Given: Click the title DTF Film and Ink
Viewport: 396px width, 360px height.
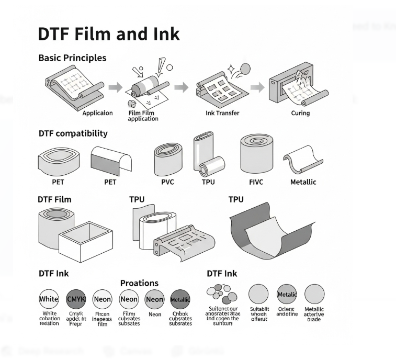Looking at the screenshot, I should pos(109,33).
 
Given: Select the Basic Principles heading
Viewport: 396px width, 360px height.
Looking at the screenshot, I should pos(72,58).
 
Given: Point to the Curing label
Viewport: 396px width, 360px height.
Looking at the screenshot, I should pos(300,113).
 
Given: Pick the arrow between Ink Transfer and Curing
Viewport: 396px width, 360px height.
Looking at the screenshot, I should pos(256,87).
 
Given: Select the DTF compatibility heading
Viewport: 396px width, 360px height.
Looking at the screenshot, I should pos(73,133).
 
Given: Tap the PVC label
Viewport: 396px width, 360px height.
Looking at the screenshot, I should pos(167,182).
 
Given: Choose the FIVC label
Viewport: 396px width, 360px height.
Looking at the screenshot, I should pos(255,182).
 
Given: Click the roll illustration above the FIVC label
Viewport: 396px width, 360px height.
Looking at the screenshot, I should pos(257,156).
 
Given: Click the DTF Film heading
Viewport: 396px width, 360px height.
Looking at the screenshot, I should pos(54,199).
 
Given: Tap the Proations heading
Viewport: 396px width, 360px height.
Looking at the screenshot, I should pos(139,283).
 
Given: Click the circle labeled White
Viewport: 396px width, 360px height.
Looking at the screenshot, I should pos(49,300).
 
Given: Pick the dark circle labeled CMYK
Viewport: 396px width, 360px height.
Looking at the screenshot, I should pos(76,300).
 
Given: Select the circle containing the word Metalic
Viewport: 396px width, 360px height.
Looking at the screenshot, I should pos(287,295).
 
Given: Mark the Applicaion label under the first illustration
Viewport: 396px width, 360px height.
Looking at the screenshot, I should pos(97,113).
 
